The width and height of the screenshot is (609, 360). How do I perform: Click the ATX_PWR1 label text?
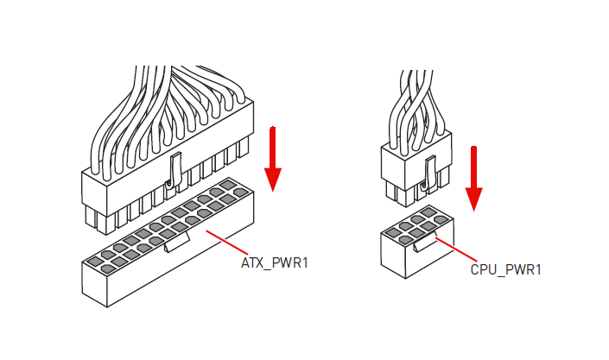coord(275,263)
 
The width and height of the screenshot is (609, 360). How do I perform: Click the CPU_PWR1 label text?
coord(505,269)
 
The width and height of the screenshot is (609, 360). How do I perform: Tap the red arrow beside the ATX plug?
coord(273,159)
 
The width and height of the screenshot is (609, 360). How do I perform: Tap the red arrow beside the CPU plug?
coord(474,179)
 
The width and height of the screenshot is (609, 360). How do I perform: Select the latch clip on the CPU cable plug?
coord(429,174)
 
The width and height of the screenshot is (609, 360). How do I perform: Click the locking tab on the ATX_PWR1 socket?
coord(177,242)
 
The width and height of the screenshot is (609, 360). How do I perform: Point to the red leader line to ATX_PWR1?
coord(227,243)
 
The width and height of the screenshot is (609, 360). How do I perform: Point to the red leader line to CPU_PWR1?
coord(456,249)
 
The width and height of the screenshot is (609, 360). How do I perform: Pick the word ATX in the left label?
coord(252,263)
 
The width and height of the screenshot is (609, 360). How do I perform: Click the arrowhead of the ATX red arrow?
coord(273,180)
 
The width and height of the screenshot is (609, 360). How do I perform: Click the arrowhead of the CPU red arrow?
coord(474,199)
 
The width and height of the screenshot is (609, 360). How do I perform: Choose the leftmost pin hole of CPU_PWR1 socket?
coord(393,233)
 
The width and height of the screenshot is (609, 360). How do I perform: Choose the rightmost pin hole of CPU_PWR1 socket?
coord(441,220)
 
